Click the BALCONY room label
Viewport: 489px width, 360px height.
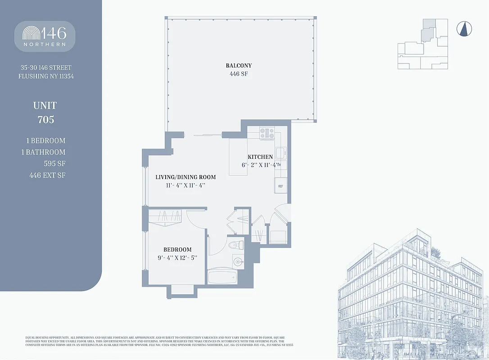pyautogui.click(x=239, y=66)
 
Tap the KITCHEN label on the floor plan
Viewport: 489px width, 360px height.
pyautogui.click(x=260, y=157)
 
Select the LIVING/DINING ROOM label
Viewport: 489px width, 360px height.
pyautogui.click(x=186, y=177)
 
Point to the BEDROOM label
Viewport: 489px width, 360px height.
pyautogui.click(x=177, y=249)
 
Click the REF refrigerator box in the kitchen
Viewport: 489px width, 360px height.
pyautogui.click(x=280, y=186)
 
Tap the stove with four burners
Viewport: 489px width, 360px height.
pyautogui.click(x=267, y=133)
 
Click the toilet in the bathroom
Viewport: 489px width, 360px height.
pyautogui.click(x=235, y=245)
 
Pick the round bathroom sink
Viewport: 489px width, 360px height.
pyautogui.click(x=237, y=261)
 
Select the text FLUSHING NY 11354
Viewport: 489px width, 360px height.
pyautogui.click(x=46, y=76)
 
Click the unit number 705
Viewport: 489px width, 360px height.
pyautogui.click(x=45, y=120)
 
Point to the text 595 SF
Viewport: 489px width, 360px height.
pyautogui.click(x=54, y=164)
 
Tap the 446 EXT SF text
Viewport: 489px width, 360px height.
pyautogui.click(x=47, y=175)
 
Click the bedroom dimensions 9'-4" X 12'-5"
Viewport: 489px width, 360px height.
pyautogui.click(x=177, y=258)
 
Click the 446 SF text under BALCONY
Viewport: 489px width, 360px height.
pyautogui.click(x=239, y=74)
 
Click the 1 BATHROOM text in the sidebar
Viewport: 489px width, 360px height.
pyautogui.click(x=43, y=152)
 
